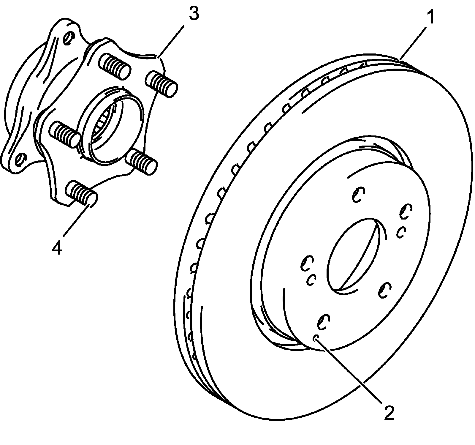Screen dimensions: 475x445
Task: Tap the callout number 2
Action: tap(389, 412)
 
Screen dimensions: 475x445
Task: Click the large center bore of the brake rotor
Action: tap(353, 255)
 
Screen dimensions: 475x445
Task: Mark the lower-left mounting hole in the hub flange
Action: tap(19, 159)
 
